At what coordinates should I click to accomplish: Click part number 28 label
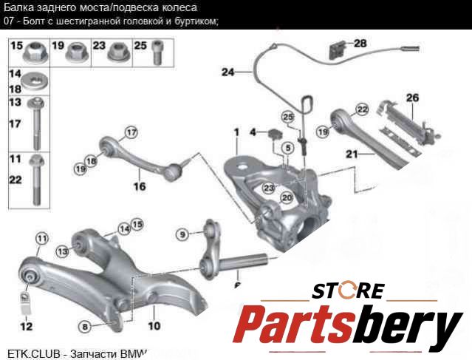[360, 44]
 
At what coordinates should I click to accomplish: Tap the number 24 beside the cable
[227, 72]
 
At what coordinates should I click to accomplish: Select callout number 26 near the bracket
[411, 98]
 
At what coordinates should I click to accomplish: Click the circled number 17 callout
[131, 133]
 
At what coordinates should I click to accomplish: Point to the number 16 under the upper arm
[139, 186]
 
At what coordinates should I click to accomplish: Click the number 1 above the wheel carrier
[236, 132]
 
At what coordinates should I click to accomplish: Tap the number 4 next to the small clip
[253, 133]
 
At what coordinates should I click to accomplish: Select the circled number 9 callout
[182, 235]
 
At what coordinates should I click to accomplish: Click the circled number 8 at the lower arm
[86, 325]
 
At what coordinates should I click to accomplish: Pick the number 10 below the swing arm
[154, 325]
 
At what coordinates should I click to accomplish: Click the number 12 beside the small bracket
[26, 325]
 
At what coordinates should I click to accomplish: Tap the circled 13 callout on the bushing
[63, 252]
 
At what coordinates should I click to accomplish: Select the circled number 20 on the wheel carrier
[287, 198]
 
